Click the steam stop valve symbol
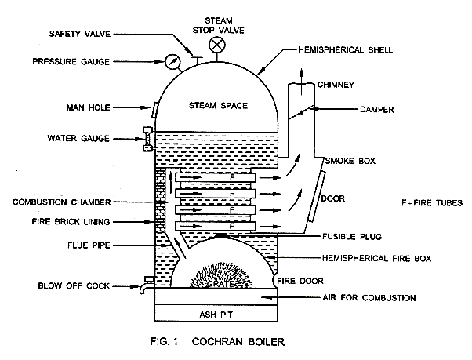(x=217, y=45)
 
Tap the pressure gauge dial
(x=172, y=61)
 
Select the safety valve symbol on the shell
(x=197, y=60)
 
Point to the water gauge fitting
(x=148, y=139)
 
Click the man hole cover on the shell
(x=154, y=110)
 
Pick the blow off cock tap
(x=147, y=285)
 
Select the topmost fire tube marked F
(x=216, y=177)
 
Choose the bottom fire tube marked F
(x=216, y=226)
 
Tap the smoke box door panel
(x=317, y=196)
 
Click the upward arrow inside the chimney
(x=301, y=82)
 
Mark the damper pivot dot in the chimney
(x=301, y=113)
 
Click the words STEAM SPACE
(x=218, y=106)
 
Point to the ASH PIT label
(x=216, y=315)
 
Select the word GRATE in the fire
(x=220, y=284)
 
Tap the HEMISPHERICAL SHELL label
(x=345, y=49)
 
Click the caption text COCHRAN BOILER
(x=238, y=342)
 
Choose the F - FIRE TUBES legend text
(x=432, y=203)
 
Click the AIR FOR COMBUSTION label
(x=369, y=298)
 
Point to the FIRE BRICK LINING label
(x=71, y=222)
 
